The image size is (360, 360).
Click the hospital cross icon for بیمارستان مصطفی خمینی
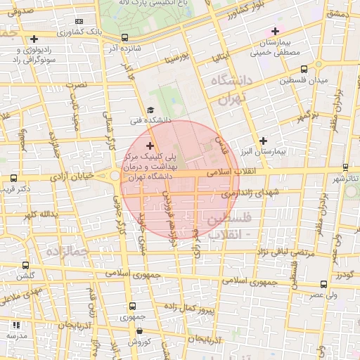pyautogui.click(x=275, y=31)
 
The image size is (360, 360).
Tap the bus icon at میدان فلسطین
pyautogui.click(x=304, y=70)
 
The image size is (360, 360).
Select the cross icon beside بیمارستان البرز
pyautogui.click(x=263, y=141)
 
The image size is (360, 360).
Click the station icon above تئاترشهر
pyautogui.click(x=345, y=167)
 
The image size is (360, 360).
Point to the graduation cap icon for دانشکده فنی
pyautogui.click(x=150, y=110)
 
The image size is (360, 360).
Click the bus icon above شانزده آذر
pyautogui.click(x=125, y=38)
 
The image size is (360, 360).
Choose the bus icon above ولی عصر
pyautogui.click(x=323, y=285)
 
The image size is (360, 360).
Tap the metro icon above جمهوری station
pyautogui.click(x=134, y=307)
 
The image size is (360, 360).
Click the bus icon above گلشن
pyautogui.click(x=26, y=266)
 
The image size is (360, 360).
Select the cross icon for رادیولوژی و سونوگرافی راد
pyautogui.click(x=34, y=39)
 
